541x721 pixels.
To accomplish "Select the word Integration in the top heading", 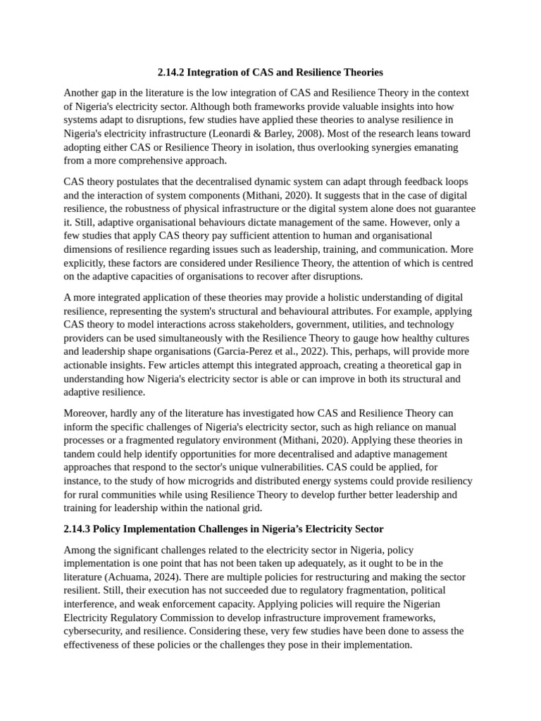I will pos(218,73).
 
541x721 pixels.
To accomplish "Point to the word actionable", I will pos(93,365).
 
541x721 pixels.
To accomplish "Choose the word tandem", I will pos(80,454).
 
